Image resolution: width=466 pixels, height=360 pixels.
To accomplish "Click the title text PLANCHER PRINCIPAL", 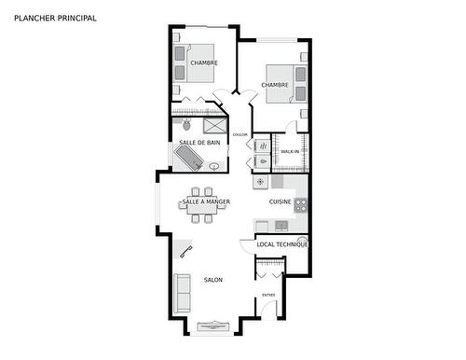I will [x=55, y=18].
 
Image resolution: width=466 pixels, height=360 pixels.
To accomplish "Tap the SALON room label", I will [x=212, y=280].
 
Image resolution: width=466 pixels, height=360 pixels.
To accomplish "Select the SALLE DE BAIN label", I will [x=199, y=142].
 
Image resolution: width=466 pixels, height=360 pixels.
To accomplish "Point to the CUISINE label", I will [x=280, y=201].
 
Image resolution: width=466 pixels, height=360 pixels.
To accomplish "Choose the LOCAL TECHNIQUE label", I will [x=281, y=244].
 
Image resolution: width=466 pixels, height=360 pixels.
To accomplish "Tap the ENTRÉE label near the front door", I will [x=268, y=295].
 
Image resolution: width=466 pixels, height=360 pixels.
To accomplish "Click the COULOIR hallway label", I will [x=240, y=134].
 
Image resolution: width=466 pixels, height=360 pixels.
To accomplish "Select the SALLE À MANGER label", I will [x=206, y=201].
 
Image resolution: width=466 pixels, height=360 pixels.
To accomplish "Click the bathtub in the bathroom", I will [x=189, y=157].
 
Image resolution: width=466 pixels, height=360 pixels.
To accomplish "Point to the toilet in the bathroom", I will [x=186, y=124].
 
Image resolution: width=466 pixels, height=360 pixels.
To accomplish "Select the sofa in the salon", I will [x=183, y=293].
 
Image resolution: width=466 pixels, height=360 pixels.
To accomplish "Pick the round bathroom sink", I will [x=215, y=167].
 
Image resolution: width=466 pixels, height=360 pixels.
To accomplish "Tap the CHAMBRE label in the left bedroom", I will [x=203, y=62].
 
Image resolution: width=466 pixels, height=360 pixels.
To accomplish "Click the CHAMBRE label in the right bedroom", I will [x=274, y=85].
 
